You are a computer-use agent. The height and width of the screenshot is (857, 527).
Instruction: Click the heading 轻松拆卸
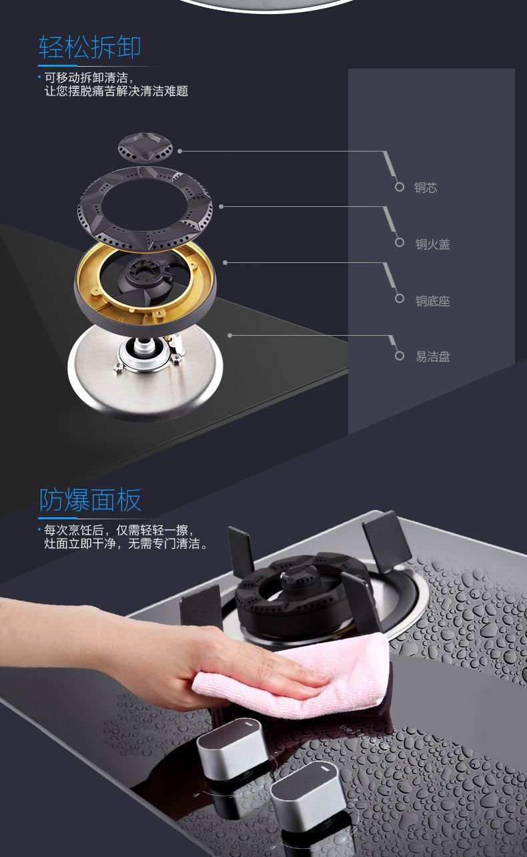[x=90, y=47]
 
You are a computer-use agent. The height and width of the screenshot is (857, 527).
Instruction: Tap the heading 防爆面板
[x=90, y=500]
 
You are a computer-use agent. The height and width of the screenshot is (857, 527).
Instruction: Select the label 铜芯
[x=426, y=188]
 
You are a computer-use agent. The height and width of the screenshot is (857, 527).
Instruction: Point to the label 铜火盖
[x=432, y=244]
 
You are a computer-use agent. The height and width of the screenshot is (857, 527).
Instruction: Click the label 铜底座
[x=432, y=301]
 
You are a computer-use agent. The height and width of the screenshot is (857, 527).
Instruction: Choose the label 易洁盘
[x=432, y=356]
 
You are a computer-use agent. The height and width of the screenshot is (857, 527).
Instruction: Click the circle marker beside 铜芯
[x=400, y=187]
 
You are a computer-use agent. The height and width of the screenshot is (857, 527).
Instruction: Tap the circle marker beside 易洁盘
[x=400, y=356]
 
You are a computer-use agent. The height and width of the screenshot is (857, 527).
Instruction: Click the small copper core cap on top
[x=145, y=147]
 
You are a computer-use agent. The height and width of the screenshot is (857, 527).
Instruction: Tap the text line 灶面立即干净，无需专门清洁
[x=125, y=543]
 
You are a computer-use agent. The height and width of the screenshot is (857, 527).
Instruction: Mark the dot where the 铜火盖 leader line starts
[x=221, y=207]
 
